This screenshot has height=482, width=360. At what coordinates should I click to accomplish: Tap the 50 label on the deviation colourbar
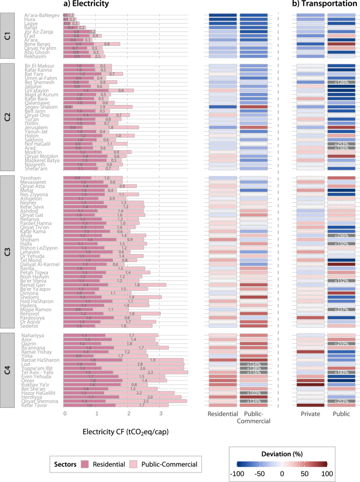pos(305,473)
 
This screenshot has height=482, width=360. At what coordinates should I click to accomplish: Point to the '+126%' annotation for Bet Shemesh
pos(342,83)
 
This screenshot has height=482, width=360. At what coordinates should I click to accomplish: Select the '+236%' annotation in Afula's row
pos(342,235)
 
